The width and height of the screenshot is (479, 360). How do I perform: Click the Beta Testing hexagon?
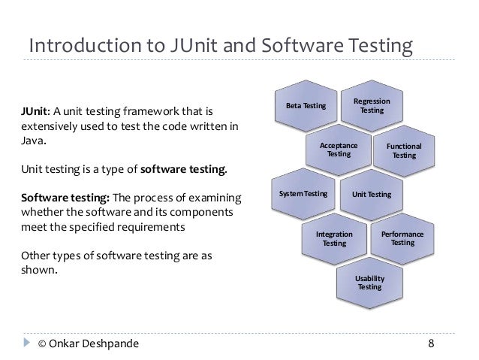(307, 106)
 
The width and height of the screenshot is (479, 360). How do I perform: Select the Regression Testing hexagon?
(372, 106)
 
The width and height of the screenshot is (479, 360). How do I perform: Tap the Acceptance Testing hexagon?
(339, 150)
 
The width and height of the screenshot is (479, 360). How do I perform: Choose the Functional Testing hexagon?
(404, 150)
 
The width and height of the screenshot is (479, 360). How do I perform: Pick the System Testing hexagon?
(304, 194)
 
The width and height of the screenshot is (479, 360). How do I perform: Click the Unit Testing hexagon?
(372, 195)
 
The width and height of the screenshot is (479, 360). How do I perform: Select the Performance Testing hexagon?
(402, 238)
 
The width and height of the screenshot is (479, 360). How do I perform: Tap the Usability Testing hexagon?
(370, 282)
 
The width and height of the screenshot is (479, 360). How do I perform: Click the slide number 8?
(431, 345)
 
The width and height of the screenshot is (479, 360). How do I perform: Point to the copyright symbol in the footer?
(43, 345)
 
